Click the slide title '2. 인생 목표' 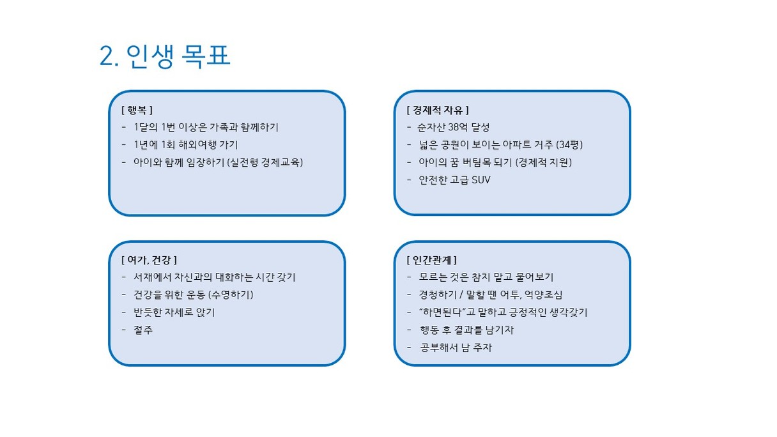[x=165, y=56]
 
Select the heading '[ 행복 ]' [x=137, y=111]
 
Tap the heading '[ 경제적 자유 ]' [x=438, y=111]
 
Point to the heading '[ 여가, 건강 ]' [x=149, y=260]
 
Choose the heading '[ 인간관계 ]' [x=432, y=260]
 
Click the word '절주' [x=143, y=330]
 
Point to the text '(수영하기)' [x=231, y=295]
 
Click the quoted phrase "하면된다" [x=442, y=312]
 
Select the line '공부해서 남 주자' [x=456, y=348]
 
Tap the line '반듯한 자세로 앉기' [x=174, y=312]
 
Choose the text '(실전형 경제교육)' [x=265, y=162]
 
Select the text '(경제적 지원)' [x=544, y=162]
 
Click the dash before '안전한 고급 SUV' [x=410, y=180]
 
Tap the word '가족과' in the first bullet [x=224, y=127]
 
